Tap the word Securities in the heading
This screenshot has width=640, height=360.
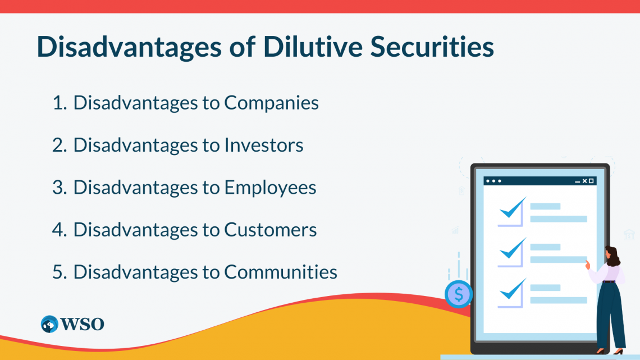[x=432, y=46]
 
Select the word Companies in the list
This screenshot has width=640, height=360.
[x=271, y=103]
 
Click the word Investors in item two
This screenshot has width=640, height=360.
[x=264, y=145]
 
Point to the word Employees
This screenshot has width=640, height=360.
[x=270, y=188]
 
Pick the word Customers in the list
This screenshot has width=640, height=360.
[x=270, y=230]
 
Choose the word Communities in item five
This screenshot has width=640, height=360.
[x=281, y=272]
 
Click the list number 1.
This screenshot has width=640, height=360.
[x=60, y=103]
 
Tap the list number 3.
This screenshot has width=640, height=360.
[x=60, y=188]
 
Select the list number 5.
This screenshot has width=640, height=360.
[x=60, y=272]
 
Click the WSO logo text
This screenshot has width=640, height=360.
[x=82, y=324]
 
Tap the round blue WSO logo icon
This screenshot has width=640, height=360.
[x=49, y=324]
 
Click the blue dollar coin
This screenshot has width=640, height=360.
[x=458, y=294]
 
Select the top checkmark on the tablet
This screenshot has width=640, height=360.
[x=513, y=208]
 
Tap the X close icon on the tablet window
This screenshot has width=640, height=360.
[x=584, y=181]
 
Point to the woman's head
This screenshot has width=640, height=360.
[x=612, y=256]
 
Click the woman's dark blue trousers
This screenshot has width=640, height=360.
[x=610, y=315]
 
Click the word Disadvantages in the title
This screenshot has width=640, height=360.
[x=129, y=46]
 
